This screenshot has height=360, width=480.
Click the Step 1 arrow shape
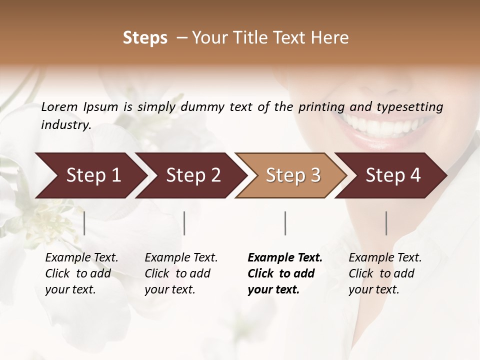tap(90, 175)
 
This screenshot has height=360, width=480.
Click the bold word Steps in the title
tap(145, 38)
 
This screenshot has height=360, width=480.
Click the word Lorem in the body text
tap(59, 107)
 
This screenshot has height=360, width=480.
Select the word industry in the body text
tap(65, 124)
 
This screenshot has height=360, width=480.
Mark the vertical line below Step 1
tap(84, 223)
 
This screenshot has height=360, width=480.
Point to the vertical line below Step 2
tap(184, 223)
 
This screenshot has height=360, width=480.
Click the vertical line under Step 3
tap(285, 223)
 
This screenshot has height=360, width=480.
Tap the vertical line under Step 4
tap(386, 223)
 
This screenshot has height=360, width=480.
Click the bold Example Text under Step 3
tap(285, 258)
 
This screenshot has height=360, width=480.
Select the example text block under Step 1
tap(81, 273)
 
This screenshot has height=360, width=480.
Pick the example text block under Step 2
tap(181, 273)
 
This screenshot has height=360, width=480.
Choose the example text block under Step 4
tap(385, 273)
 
